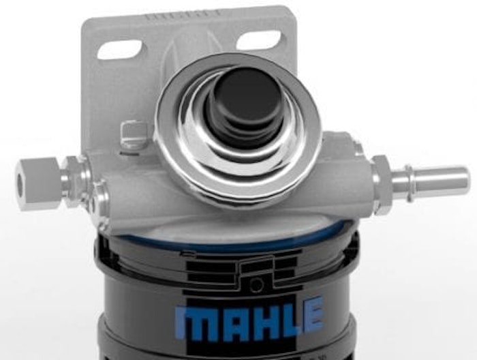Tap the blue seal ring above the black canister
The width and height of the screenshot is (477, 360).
click(225, 238)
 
